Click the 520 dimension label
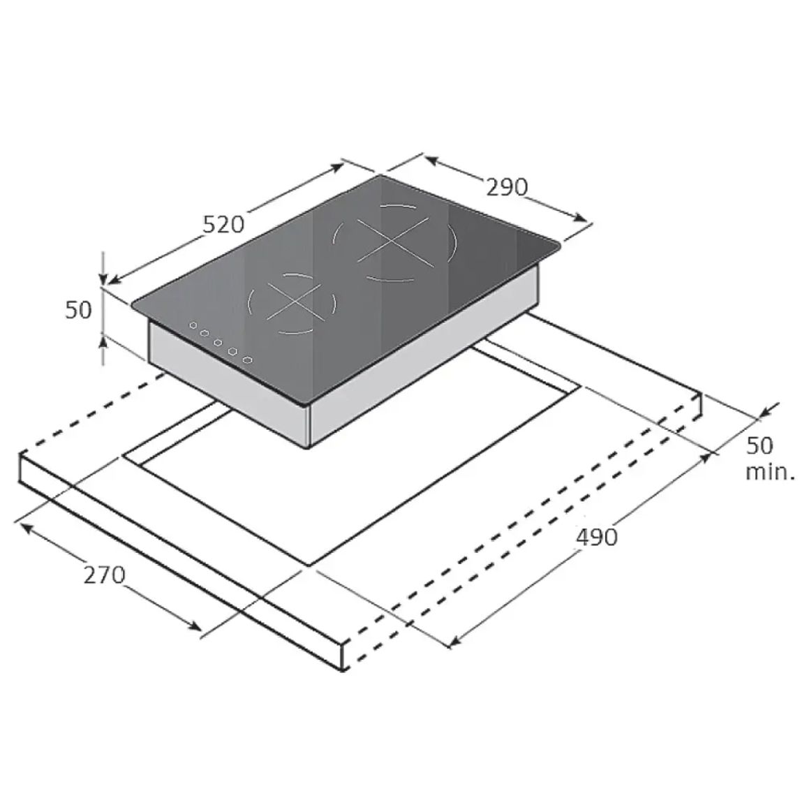tap(223, 224)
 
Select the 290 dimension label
tap(507, 187)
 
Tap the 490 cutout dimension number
tap(596, 538)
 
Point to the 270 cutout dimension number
tap(105, 575)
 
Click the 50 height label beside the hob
tap(78, 310)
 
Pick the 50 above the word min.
tap(760, 445)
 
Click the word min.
tap(770, 472)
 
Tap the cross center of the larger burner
tap(392, 241)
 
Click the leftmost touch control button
tap(193, 325)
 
